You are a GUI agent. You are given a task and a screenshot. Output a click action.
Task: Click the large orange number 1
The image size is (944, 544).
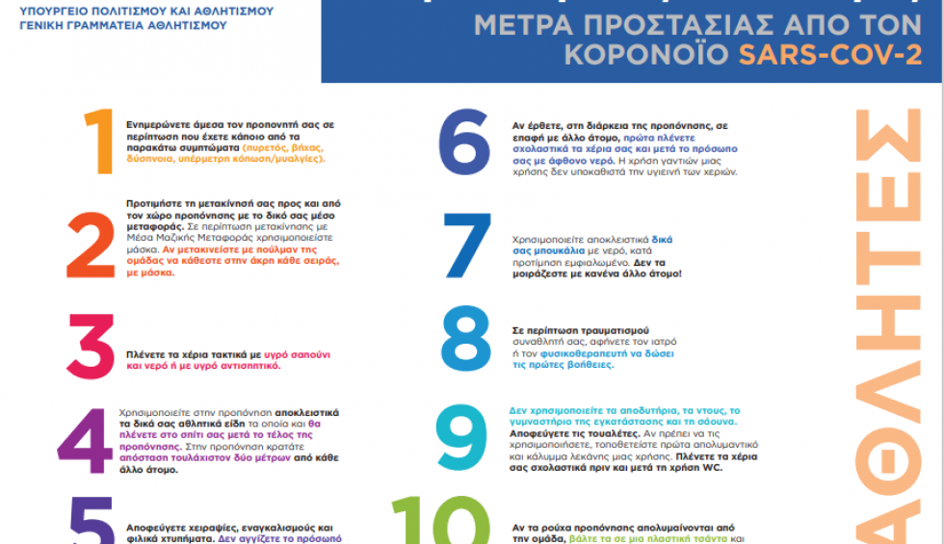98,142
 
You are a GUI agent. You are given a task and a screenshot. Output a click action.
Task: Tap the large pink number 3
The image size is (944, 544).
93,348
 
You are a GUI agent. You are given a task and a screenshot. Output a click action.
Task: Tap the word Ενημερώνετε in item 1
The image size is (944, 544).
158,125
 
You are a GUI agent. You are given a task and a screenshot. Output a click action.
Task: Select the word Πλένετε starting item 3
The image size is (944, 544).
145,355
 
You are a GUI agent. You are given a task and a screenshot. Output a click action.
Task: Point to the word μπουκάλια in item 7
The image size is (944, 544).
546,248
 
